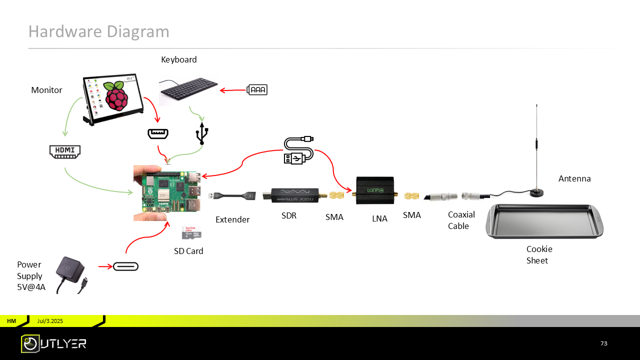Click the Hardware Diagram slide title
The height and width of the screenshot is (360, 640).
tap(98, 31)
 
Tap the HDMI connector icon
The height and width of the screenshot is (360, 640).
tap(65, 151)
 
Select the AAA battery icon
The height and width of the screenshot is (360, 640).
tap(257, 90)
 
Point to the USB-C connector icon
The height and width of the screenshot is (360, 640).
tap(125, 266)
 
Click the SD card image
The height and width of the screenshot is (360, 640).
tap(191, 232)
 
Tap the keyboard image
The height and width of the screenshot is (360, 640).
tap(188, 90)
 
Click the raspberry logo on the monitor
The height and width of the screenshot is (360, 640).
tap(116, 95)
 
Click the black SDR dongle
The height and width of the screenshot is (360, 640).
tap(295, 194)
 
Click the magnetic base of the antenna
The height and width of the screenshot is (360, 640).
tap(537, 192)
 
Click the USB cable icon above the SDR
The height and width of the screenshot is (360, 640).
tap(298, 150)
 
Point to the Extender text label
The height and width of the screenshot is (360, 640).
tap(232, 219)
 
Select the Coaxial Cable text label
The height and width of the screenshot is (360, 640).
tap(461, 220)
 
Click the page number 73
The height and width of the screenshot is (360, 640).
tap(603, 343)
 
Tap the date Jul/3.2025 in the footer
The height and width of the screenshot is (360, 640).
tap(50, 321)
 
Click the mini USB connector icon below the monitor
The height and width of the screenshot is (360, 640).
tap(157, 134)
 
